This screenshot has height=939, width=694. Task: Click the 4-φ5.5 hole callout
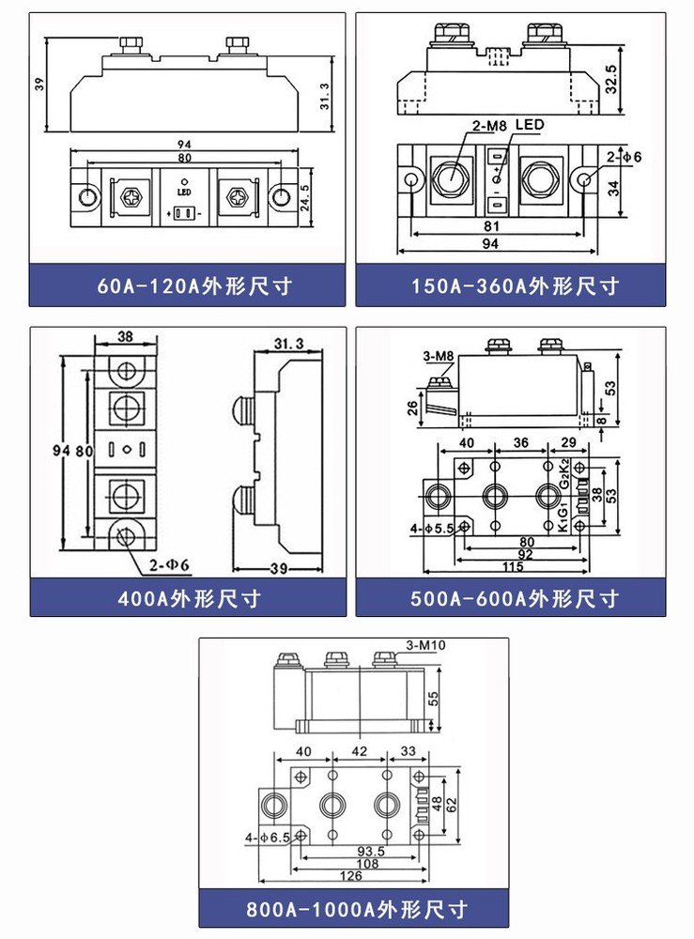tap(432, 529)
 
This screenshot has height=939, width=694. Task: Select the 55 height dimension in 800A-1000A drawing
tap(433, 698)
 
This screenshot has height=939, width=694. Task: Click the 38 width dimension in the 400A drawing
tap(125, 336)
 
